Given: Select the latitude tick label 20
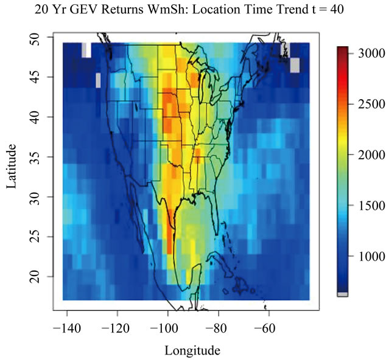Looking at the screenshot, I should pos(35,276).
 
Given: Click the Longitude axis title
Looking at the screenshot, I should pos(192,350).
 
